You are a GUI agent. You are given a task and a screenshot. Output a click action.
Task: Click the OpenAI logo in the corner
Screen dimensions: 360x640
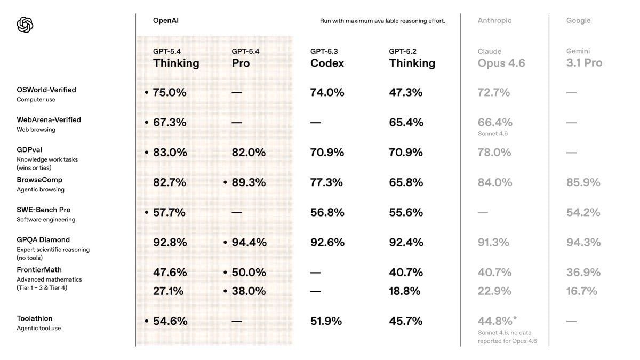pyautogui.click(x=25, y=25)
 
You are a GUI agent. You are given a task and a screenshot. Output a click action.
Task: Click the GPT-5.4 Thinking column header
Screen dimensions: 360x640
pyautogui.click(x=176, y=58)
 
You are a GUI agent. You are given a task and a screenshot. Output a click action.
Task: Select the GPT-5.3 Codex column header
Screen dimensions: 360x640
pyautogui.click(x=327, y=58)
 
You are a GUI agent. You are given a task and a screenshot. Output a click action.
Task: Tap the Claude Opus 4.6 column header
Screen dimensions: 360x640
pyautogui.click(x=501, y=58)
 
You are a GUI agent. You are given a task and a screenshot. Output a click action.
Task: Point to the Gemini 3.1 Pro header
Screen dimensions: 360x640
pyautogui.click(x=584, y=58)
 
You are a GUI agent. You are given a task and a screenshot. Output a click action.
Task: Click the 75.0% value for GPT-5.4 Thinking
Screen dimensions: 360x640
pyautogui.click(x=170, y=92)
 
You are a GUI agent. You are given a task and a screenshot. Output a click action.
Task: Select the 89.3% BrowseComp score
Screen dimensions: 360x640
pyautogui.click(x=249, y=182)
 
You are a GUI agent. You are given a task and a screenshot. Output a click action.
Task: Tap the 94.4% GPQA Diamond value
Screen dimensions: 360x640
pyautogui.click(x=249, y=242)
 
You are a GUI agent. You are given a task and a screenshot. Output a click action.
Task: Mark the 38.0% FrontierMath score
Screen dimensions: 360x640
pyautogui.click(x=249, y=291)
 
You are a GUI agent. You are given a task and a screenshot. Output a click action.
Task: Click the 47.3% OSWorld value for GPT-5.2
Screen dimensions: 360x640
pyautogui.click(x=406, y=92)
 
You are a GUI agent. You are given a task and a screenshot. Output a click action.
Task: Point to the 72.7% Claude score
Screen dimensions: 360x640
pyautogui.click(x=494, y=92)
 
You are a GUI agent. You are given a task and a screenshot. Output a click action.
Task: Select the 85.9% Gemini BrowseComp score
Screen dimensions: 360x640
pyautogui.click(x=583, y=182)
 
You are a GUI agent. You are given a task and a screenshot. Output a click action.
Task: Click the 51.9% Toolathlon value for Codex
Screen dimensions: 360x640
pyautogui.click(x=326, y=321)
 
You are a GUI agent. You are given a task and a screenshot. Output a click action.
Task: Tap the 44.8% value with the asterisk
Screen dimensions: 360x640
pyautogui.click(x=496, y=321)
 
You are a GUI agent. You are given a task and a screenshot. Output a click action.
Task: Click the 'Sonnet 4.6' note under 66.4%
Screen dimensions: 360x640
pyautogui.click(x=493, y=134)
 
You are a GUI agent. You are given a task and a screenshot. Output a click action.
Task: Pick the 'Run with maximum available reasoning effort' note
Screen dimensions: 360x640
pyautogui.click(x=382, y=21)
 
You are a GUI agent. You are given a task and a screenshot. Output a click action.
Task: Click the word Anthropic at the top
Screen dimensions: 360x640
pyautogui.click(x=494, y=21)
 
